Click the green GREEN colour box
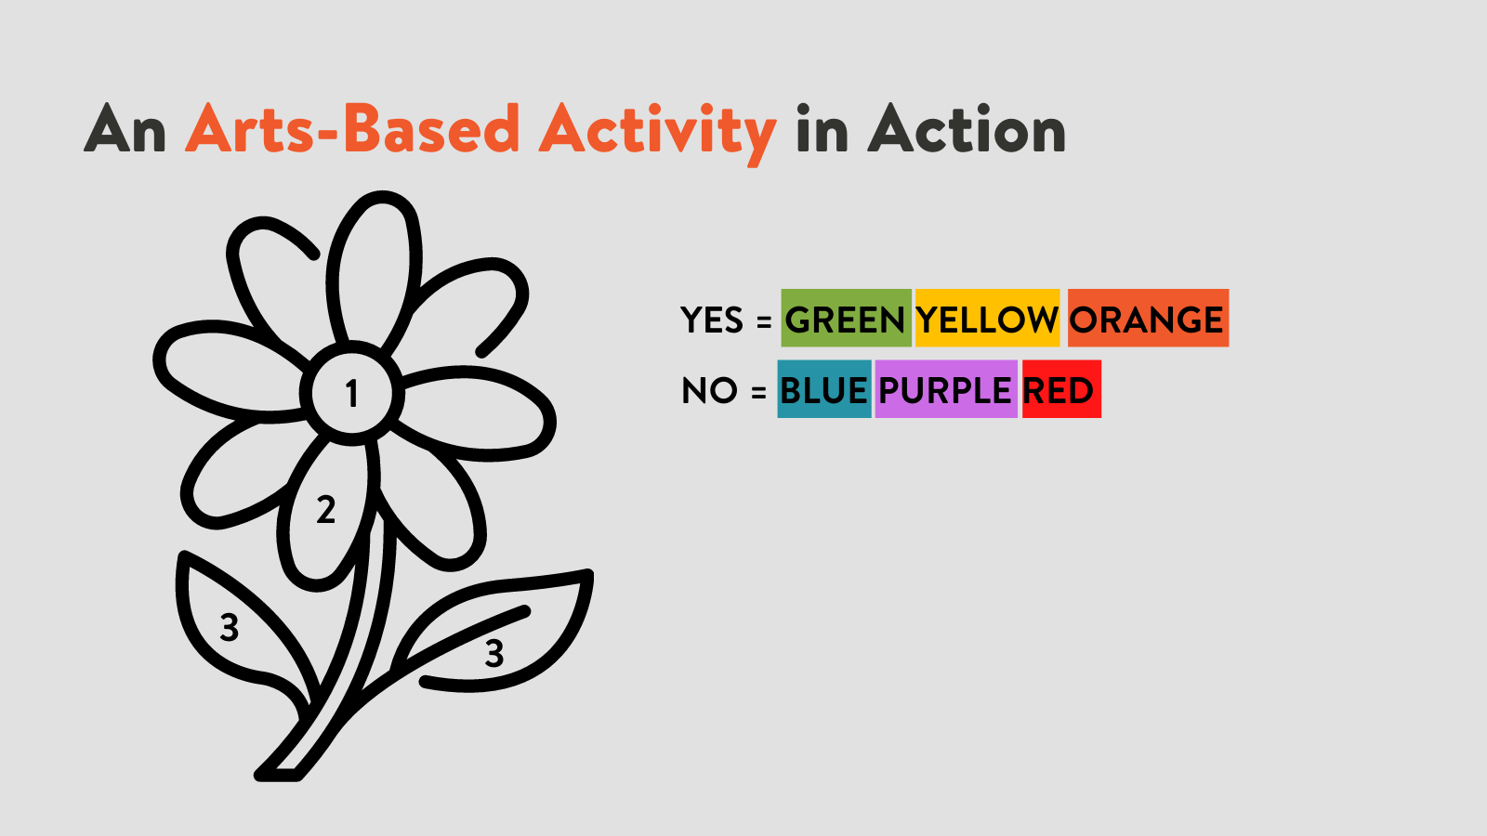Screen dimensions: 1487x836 [x=846, y=318]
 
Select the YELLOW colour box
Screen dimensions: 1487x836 [x=987, y=318]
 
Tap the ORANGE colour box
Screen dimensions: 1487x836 [x=1148, y=318]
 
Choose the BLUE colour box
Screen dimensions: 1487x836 [x=823, y=389]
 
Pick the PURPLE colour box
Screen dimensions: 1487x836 [x=946, y=389]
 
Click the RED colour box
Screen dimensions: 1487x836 [x=1061, y=389]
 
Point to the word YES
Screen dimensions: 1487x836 [x=712, y=320]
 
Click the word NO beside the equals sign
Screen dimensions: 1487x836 [x=709, y=390]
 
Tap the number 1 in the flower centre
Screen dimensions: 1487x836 [x=352, y=393]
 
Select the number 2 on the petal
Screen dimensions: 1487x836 [x=325, y=510]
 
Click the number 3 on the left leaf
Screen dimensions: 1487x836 [x=229, y=627]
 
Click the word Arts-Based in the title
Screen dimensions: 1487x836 [x=352, y=129]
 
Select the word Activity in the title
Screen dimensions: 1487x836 [x=657, y=133]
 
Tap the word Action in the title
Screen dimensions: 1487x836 [x=967, y=129]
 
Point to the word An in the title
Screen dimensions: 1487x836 [x=125, y=129]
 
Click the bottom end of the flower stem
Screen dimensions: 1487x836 [x=278, y=774]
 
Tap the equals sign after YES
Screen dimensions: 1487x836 [x=764, y=321]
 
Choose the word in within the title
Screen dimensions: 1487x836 [x=822, y=129]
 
